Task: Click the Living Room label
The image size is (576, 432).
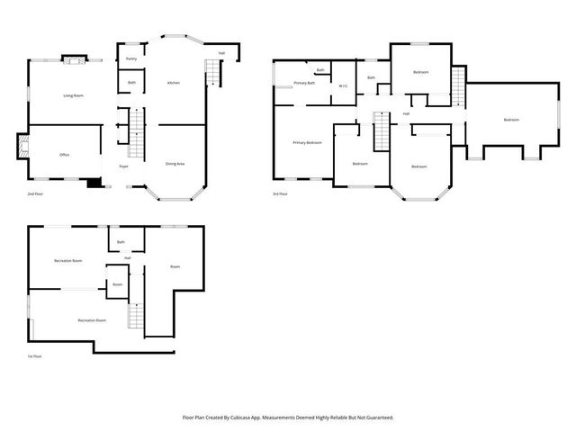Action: point(73,94)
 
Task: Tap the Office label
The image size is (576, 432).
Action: point(65,155)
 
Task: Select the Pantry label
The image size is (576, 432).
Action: point(131,58)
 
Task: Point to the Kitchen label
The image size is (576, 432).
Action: point(174,83)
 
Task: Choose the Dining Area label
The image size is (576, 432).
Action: point(175,164)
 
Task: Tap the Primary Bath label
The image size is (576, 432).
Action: point(305,83)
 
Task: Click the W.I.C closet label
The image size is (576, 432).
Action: point(343,86)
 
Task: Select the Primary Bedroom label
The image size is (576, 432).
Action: point(307,142)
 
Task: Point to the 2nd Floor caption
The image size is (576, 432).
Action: point(35,193)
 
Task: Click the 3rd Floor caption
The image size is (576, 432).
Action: point(281,193)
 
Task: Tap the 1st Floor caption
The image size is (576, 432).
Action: point(35,356)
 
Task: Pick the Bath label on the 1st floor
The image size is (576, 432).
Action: point(121,241)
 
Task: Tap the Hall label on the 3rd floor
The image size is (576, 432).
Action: point(406,114)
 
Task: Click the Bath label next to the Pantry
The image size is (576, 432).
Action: point(131,83)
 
